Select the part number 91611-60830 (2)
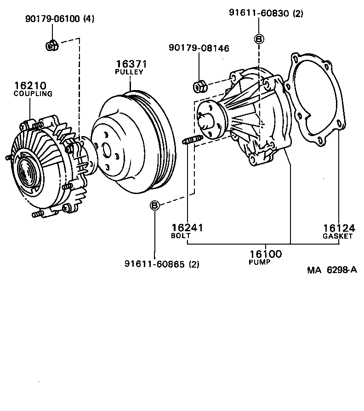(266, 14)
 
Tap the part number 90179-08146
(199, 48)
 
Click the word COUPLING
(33, 94)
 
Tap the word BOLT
(180, 236)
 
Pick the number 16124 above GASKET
(339, 228)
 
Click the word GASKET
(337, 236)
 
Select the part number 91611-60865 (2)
(162, 264)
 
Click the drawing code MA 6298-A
(332, 270)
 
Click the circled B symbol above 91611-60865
(155, 205)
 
